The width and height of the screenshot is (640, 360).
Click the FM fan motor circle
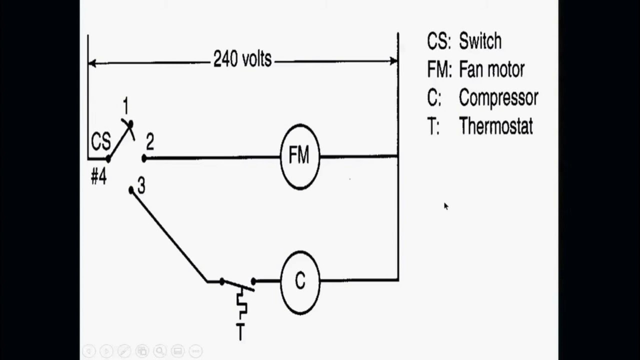coord(299,156)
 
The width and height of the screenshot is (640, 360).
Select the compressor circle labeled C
coord(299,281)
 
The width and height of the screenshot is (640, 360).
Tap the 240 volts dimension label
coord(242,59)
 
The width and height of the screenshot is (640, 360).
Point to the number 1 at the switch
coord(125,106)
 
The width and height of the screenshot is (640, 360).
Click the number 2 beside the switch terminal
coord(150,143)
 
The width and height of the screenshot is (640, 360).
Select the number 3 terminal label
coord(141,186)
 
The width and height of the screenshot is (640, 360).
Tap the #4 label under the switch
coord(98,177)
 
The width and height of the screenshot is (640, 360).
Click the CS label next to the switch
coord(100,142)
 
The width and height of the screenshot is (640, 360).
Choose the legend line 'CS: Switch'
coord(464,41)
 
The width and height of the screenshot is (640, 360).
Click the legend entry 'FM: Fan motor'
coord(475,69)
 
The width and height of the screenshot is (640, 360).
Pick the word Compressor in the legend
coord(498,97)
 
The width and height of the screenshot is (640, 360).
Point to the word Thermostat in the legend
coord(495,126)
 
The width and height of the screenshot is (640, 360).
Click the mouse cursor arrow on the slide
coord(445,205)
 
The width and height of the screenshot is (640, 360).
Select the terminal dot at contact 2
coord(144,158)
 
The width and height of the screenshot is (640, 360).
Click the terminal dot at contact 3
coord(131,190)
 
